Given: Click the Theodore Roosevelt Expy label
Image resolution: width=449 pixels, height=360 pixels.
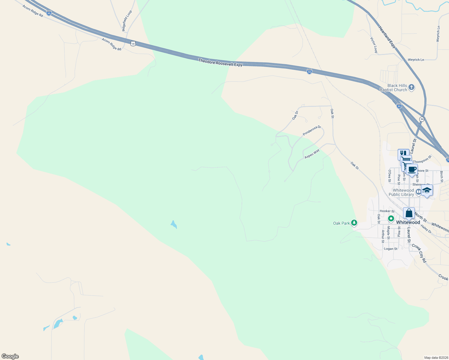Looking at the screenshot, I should [x=220, y=63].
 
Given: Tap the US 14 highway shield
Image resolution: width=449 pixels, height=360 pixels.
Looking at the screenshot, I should [x=133, y=43].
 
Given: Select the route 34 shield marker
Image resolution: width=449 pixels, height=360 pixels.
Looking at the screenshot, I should [x=422, y=119].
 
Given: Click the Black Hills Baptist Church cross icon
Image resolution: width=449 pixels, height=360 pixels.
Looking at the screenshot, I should [x=411, y=87].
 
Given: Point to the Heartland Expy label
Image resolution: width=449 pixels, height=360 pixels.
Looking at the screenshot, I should [x=387, y=37].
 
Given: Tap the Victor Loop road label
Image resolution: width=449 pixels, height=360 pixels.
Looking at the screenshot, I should [x=374, y=45].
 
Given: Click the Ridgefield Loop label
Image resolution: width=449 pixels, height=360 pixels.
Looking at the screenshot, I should [x=127, y=21].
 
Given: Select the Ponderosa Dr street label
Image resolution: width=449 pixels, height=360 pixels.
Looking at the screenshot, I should [x=312, y=130].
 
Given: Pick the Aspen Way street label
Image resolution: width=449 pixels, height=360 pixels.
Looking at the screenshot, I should [x=312, y=154].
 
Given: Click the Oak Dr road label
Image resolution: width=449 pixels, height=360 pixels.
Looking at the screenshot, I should [x=295, y=115].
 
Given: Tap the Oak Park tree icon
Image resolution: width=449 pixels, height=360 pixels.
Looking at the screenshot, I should [x=354, y=223].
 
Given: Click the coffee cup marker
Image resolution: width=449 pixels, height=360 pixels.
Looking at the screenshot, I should [x=412, y=169].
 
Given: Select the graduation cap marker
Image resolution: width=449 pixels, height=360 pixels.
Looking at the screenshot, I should [x=427, y=190].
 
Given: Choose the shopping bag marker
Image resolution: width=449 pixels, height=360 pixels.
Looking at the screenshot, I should [x=409, y=213].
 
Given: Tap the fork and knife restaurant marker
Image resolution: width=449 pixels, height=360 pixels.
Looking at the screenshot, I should [x=403, y=154].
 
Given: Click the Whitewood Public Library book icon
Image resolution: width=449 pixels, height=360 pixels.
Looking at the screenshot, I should [x=418, y=191].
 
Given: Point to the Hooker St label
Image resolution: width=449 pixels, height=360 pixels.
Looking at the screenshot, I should [x=387, y=211].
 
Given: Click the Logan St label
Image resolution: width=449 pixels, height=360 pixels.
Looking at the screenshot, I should [x=391, y=249].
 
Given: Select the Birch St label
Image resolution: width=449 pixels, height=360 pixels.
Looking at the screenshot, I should [x=441, y=176].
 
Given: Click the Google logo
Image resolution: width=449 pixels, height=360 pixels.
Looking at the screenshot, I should [x=10, y=356].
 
